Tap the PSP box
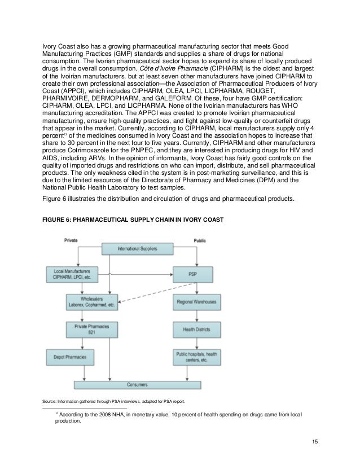click(195, 274)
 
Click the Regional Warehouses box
click(195, 302)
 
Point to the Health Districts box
click(195, 329)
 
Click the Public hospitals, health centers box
click(195, 357)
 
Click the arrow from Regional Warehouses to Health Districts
click(195, 315)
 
